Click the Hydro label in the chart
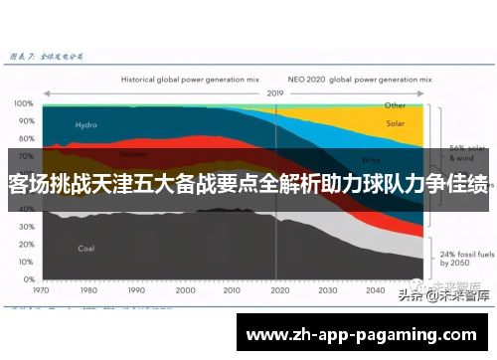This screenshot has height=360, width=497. (x=86, y=125)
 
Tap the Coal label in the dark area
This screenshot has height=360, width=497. (x=86, y=248)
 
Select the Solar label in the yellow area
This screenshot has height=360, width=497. (x=395, y=124)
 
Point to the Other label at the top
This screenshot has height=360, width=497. (x=395, y=104)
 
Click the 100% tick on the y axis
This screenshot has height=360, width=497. (x=22, y=103)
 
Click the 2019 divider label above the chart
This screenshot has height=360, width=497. (x=276, y=91)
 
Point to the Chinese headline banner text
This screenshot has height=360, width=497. (x=248, y=183)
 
